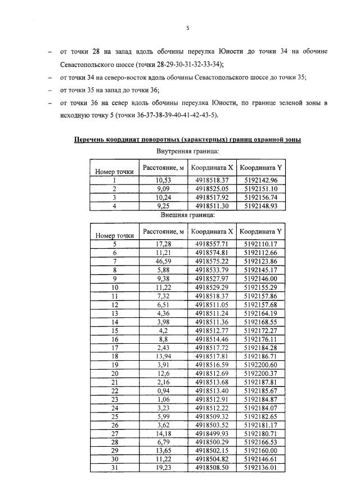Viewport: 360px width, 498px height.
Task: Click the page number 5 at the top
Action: pyautogui.click(x=188, y=26)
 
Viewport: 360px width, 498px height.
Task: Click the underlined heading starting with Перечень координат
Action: pyautogui.click(x=187, y=140)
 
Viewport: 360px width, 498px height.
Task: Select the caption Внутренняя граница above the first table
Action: pyautogui.click(x=187, y=151)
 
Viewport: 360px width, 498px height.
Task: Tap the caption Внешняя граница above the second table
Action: pyautogui.click(x=187, y=215)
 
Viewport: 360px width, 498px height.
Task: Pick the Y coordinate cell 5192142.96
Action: pyautogui.click(x=261, y=180)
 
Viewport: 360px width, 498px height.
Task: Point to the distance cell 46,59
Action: pyautogui.click(x=163, y=262)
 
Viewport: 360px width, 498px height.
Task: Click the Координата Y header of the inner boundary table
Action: pyautogui.click(x=260, y=168)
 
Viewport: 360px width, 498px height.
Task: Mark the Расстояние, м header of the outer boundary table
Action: pyautogui.click(x=163, y=231)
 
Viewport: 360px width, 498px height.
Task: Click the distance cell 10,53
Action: pyautogui.click(x=163, y=180)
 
